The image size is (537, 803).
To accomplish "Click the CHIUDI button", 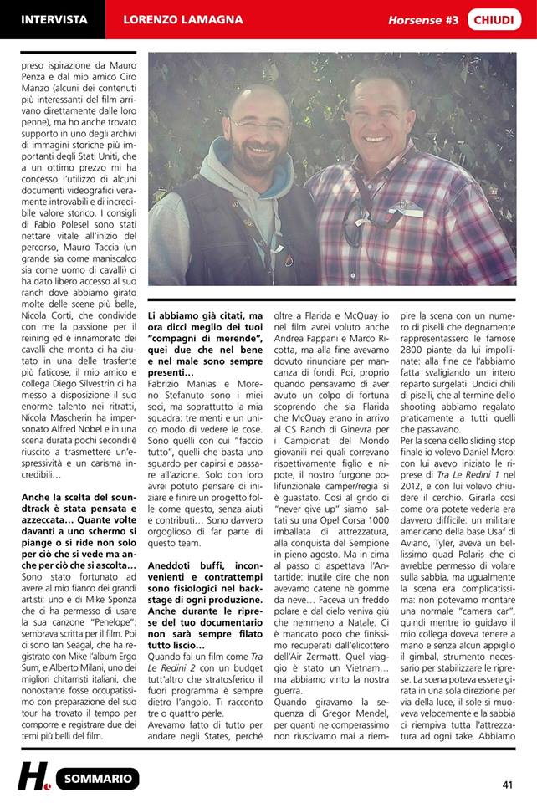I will tap(499, 19).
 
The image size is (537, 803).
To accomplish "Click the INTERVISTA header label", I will tap(54, 19).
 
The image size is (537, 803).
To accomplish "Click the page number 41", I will tap(508, 784).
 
